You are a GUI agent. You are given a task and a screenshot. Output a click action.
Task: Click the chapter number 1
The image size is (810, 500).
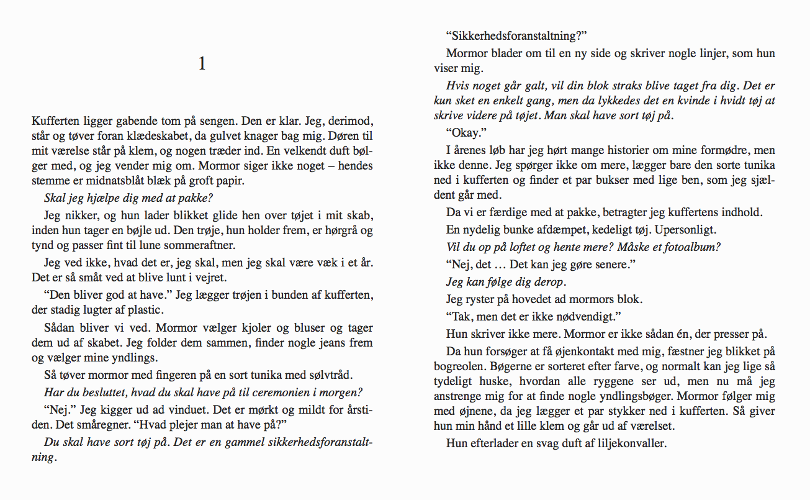202,63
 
